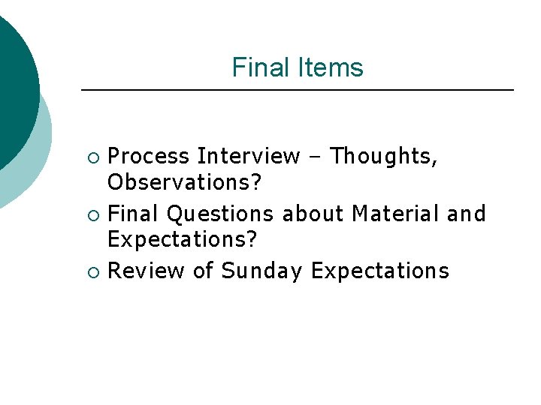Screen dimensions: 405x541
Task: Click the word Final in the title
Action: [255, 67]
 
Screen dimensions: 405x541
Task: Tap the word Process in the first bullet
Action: [149, 157]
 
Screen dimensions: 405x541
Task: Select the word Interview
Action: [249, 157]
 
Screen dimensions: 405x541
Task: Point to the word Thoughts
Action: [384, 157]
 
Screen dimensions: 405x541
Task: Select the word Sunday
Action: [262, 271]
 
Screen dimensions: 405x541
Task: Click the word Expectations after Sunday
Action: [379, 271]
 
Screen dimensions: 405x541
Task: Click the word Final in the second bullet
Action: [134, 214]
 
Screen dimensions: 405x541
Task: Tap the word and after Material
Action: [467, 214]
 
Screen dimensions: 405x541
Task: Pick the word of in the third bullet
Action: [203, 271]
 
